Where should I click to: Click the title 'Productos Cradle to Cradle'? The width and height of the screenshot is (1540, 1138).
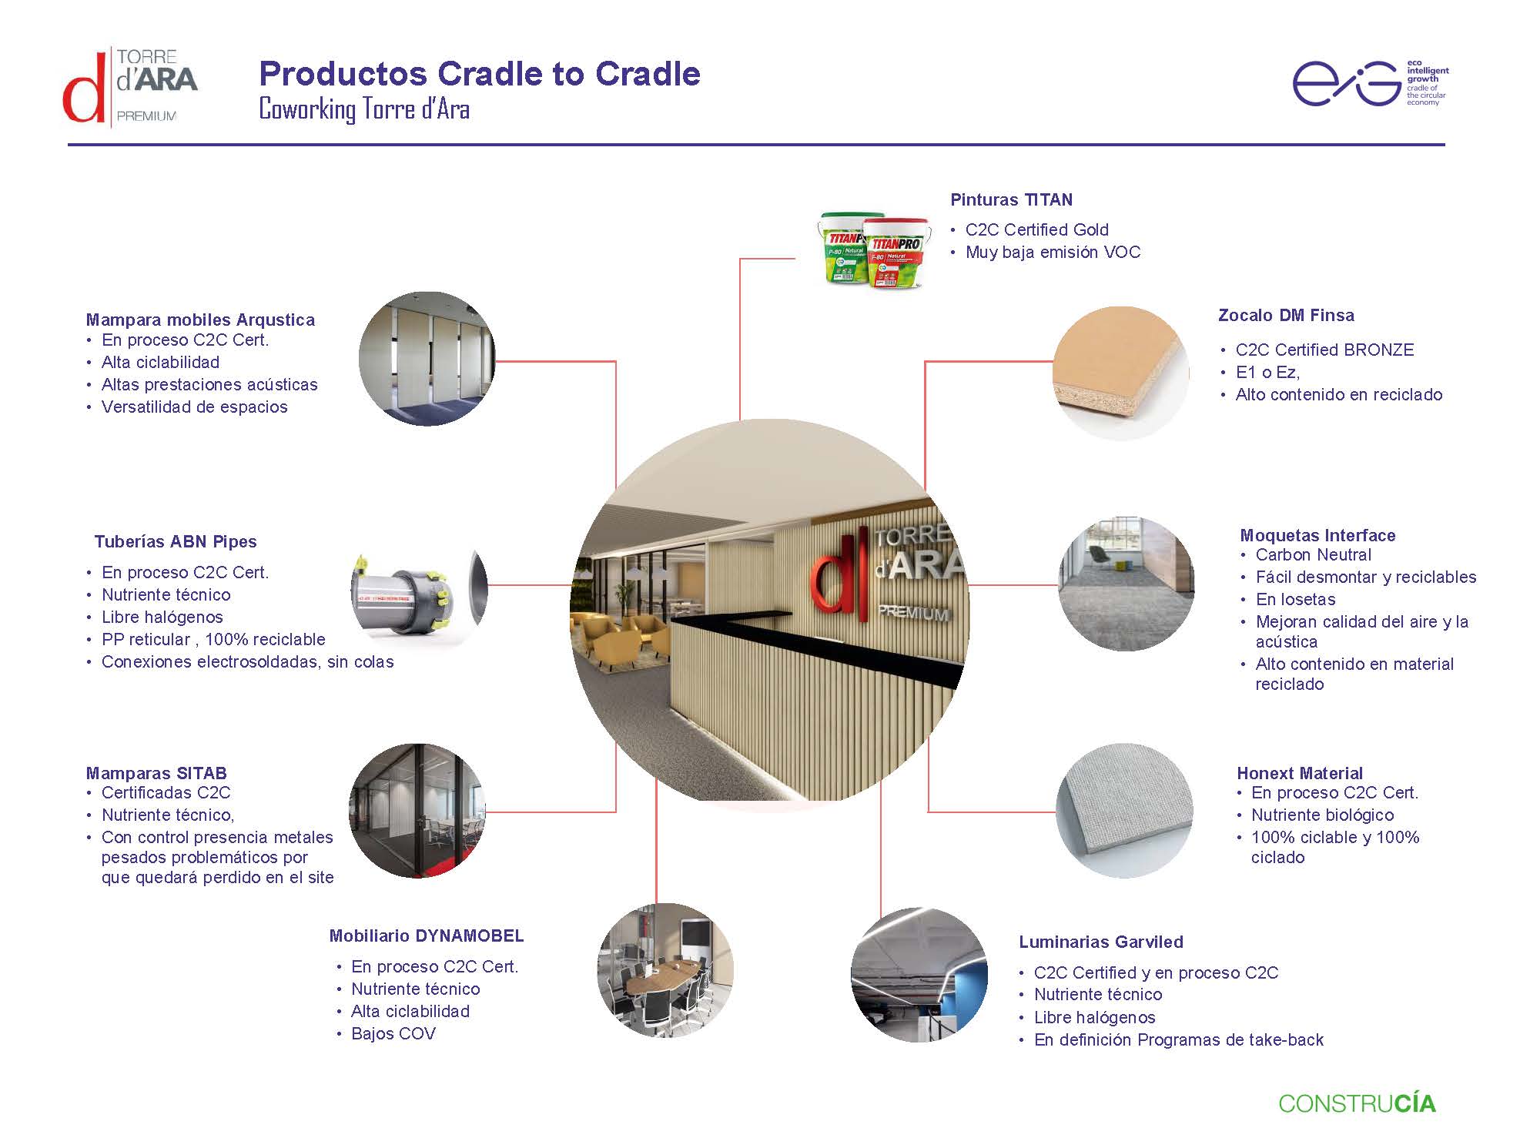(479, 74)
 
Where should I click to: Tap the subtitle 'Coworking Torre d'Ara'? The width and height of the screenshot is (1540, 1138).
(363, 109)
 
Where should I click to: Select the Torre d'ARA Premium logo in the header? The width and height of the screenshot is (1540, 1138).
(129, 85)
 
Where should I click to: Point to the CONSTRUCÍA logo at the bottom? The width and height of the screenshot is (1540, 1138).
(1357, 1103)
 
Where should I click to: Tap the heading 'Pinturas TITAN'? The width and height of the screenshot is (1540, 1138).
(1011, 200)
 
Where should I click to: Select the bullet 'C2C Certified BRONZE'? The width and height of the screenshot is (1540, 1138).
(1324, 350)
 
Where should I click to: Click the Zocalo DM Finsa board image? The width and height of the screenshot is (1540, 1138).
(1120, 373)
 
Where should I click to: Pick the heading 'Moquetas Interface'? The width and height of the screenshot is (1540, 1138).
(1317, 535)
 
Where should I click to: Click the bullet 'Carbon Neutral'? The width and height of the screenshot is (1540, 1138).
(1313, 555)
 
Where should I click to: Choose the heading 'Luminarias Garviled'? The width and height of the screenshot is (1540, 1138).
(1100, 942)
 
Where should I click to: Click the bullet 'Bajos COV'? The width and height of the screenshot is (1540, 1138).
(393, 1034)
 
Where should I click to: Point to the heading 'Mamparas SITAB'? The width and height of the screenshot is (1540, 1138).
(156, 773)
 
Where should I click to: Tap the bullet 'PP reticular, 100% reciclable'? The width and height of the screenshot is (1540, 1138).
(213, 640)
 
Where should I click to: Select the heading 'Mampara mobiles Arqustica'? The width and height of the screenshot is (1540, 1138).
(200, 320)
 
